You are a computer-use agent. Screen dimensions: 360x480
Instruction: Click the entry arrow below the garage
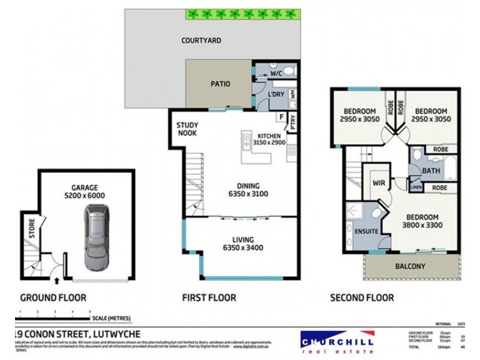(56, 280)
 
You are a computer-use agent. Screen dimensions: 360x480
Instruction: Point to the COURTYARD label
(202, 41)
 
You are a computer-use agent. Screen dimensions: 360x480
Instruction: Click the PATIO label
(220, 84)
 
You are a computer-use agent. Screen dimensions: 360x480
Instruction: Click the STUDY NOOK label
(187, 130)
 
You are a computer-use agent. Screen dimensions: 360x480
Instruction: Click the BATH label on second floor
(431, 171)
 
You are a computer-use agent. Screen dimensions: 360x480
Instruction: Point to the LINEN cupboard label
(416, 187)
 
